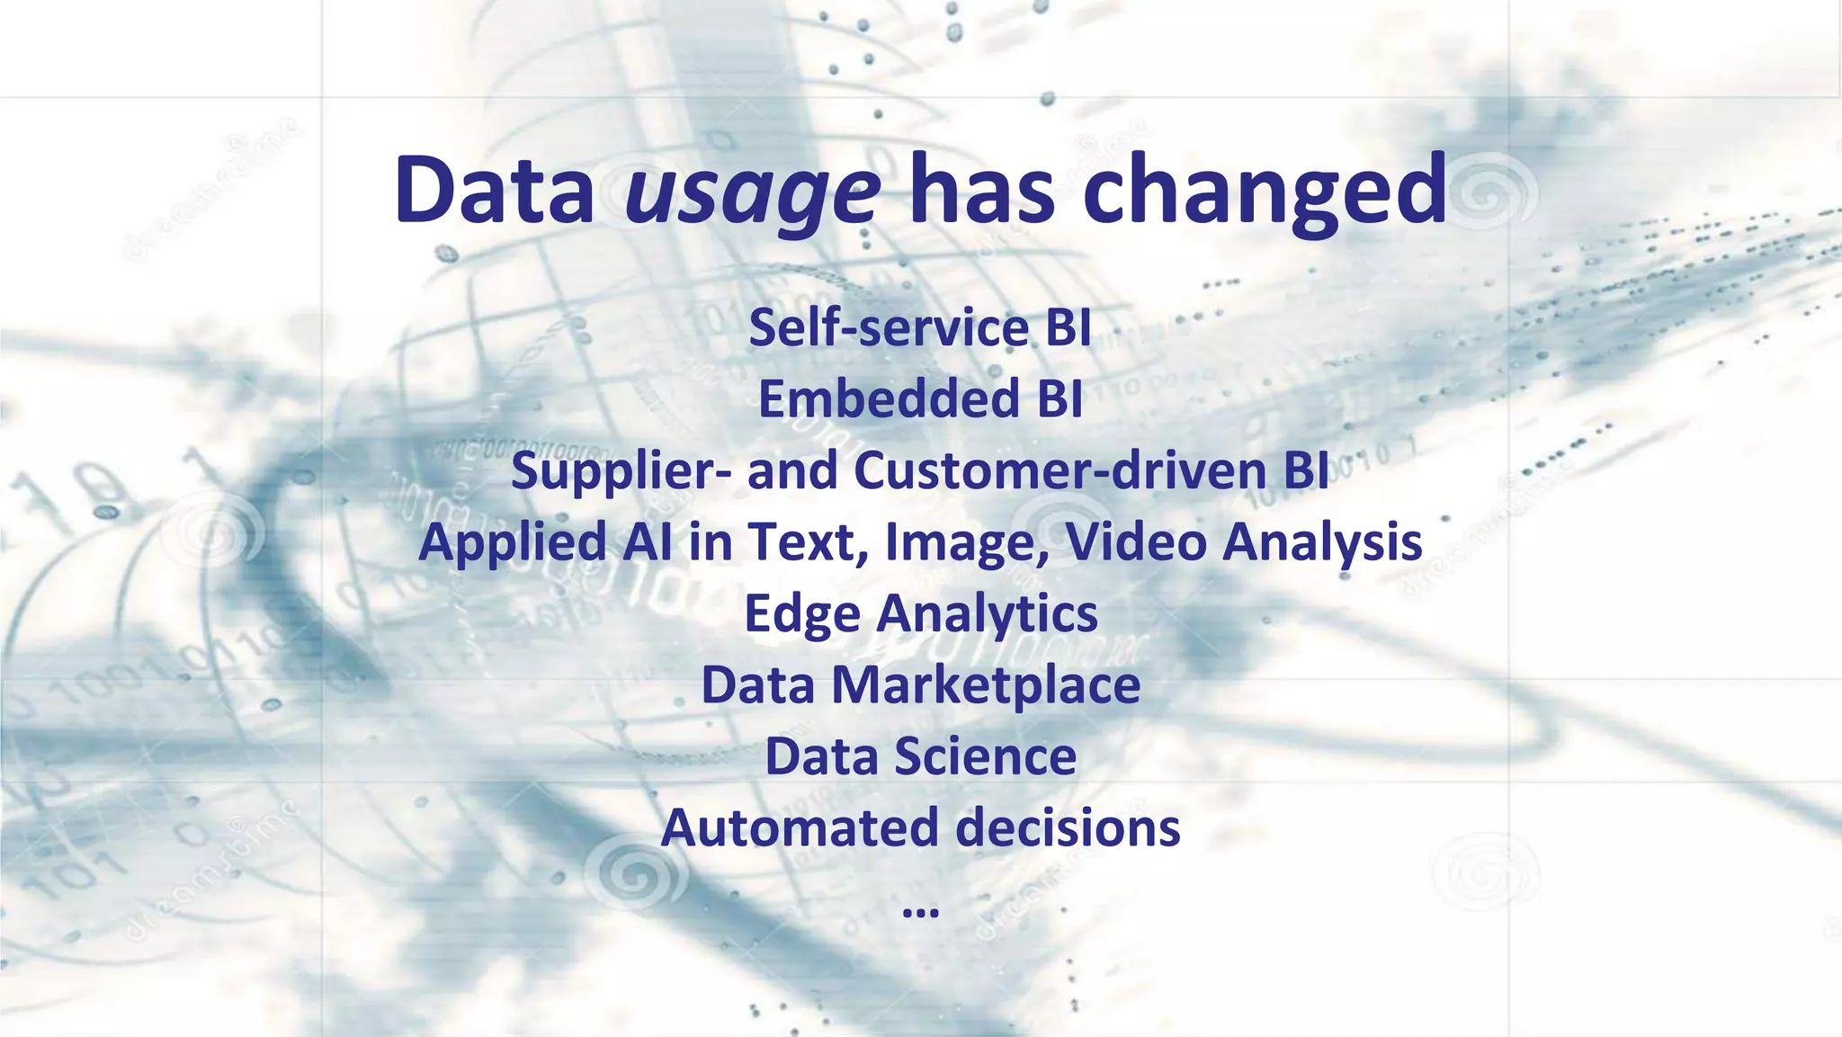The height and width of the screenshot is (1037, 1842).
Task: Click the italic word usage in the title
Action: pyautogui.click(x=752, y=192)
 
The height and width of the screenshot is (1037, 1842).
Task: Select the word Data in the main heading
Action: pyautogui.click(x=494, y=190)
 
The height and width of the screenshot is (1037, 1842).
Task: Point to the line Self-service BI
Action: pyautogui.click(x=919, y=327)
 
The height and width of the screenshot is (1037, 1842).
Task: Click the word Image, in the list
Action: pyautogui.click(x=967, y=542)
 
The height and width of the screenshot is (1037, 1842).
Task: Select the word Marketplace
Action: pyautogui.click(x=985, y=685)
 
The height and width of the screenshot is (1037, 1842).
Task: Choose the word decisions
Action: pyautogui.click(x=1068, y=827)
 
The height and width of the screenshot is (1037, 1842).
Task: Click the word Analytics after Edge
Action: pyautogui.click(x=987, y=614)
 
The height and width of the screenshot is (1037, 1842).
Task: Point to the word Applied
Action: pyautogui.click(x=513, y=542)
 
